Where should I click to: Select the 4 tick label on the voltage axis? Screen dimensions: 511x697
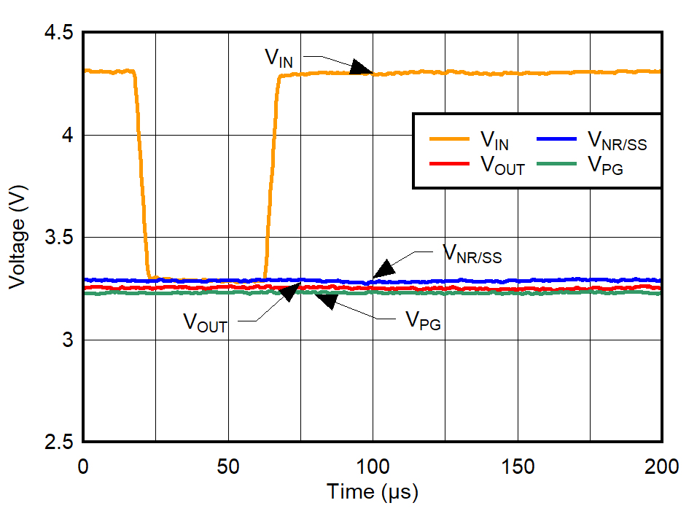(x=66, y=136)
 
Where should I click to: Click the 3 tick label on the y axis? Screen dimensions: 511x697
(x=66, y=340)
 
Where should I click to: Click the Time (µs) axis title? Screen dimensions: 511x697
(x=373, y=492)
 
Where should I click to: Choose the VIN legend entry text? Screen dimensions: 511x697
(x=494, y=139)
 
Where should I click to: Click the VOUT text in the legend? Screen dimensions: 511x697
(x=502, y=165)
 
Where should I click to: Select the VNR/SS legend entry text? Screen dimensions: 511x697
(x=616, y=139)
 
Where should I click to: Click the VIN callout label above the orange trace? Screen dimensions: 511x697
(x=279, y=58)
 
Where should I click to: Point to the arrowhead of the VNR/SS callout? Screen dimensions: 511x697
(x=383, y=269)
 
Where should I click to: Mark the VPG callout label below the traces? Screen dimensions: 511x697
(x=423, y=322)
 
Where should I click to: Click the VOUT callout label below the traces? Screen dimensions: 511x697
(x=205, y=322)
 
